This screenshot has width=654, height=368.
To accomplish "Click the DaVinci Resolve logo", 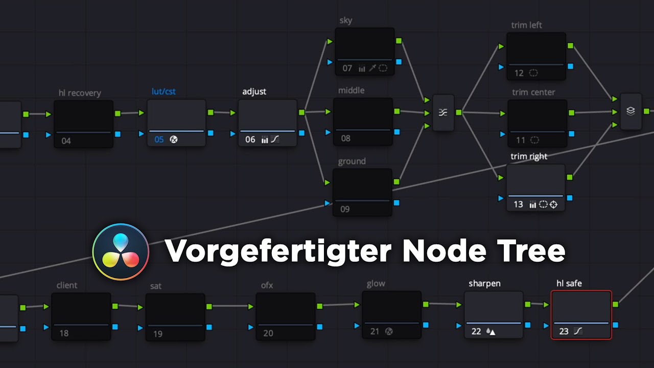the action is click(x=121, y=252).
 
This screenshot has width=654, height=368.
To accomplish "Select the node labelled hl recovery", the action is click(x=83, y=124).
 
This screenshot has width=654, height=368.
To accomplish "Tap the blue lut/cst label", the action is click(x=163, y=91).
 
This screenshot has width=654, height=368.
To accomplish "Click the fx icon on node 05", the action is click(x=174, y=140).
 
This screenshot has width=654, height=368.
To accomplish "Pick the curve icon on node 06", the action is click(x=275, y=140).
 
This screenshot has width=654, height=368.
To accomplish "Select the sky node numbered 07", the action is click(x=365, y=52).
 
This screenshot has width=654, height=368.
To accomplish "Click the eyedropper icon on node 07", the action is click(x=372, y=68).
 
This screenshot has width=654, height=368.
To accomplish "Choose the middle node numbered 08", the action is click(x=363, y=122).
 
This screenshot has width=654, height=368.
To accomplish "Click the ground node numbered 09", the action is click(x=362, y=192).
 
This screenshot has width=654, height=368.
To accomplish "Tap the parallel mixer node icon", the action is click(x=443, y=112).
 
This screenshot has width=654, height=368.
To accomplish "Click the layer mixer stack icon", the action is click(x=630, y=111).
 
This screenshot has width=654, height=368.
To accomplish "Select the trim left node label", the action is click(x=526, y=25).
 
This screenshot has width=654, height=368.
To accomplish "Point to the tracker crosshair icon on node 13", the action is click(x=553, y=204).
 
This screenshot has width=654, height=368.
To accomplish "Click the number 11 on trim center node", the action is click(x=521, y=140).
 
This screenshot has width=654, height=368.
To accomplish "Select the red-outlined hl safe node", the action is click(x=581, y=315).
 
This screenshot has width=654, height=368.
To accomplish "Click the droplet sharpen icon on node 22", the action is click(x=491, y=332).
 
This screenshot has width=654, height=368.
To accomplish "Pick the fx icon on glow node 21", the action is click(x=389, y=332).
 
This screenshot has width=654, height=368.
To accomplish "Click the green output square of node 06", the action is click(x=302, y=112).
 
